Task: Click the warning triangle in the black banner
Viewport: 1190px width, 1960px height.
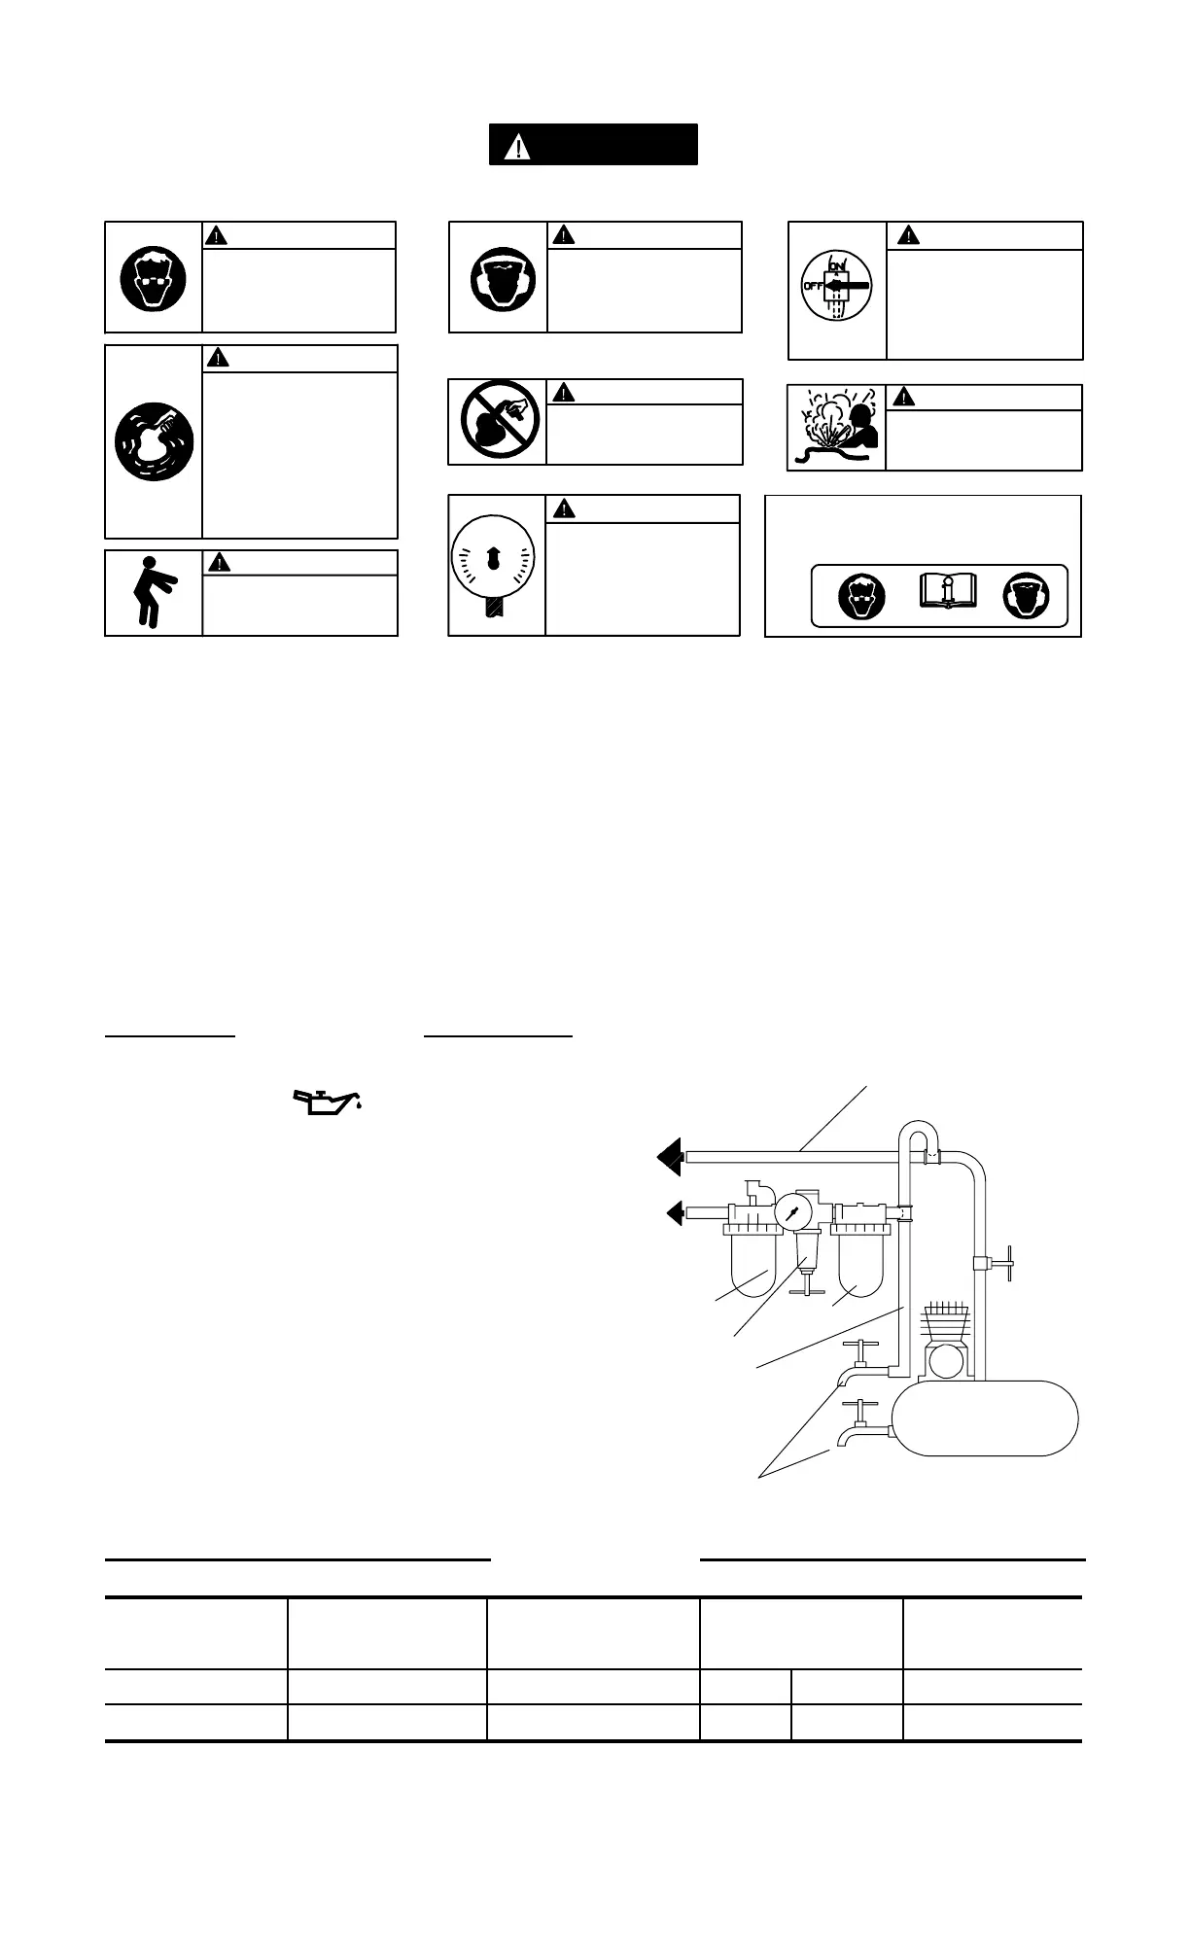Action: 519,146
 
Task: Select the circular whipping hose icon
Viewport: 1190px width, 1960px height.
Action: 154,441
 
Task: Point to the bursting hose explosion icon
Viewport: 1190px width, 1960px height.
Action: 836,428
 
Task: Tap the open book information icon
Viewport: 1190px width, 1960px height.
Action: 948,593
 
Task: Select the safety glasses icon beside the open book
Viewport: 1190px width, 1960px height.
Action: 862,596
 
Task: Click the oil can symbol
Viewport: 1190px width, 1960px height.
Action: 328,1102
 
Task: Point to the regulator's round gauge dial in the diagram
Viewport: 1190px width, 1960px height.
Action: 793,1212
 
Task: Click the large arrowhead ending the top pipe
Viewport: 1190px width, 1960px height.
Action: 670,1156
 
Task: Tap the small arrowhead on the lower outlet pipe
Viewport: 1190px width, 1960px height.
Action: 674,1212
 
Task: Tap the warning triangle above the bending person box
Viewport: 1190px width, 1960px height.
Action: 221,562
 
